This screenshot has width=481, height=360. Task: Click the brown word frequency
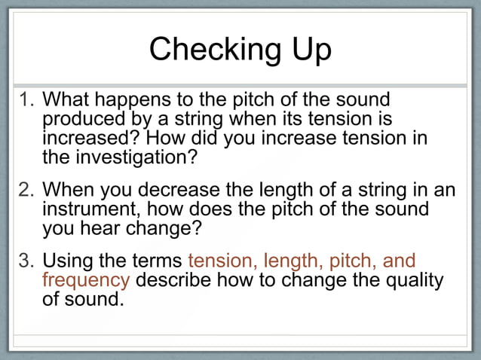pyautogui.click(x=86, y=280)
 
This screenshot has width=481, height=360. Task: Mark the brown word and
pyautogui.click(x=400, y=261)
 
